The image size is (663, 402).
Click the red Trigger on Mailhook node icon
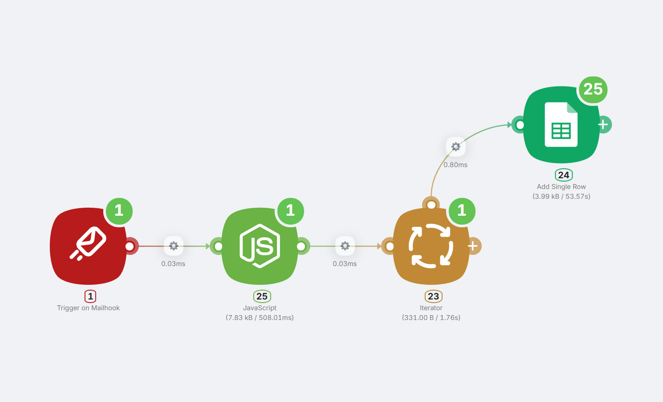88,246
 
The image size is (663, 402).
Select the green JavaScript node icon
260,246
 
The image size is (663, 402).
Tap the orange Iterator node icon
431,246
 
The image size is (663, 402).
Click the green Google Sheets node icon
561,125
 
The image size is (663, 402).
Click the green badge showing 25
593,89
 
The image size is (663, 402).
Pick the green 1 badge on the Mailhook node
119,211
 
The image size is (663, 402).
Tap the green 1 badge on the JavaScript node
290,211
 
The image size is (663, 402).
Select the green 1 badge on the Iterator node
462,211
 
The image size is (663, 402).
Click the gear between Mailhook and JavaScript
174,246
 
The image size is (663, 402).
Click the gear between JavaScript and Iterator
345,246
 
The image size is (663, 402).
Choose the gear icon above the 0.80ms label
456,147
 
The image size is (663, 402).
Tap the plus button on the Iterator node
473,246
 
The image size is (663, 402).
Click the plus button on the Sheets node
603,125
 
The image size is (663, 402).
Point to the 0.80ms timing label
455,165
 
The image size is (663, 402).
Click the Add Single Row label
561,187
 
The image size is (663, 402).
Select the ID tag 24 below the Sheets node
564,175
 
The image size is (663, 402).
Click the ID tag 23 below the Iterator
433,296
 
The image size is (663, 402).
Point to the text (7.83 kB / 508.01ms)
260,318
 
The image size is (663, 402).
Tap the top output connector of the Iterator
431,205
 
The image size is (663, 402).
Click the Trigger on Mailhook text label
88,308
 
